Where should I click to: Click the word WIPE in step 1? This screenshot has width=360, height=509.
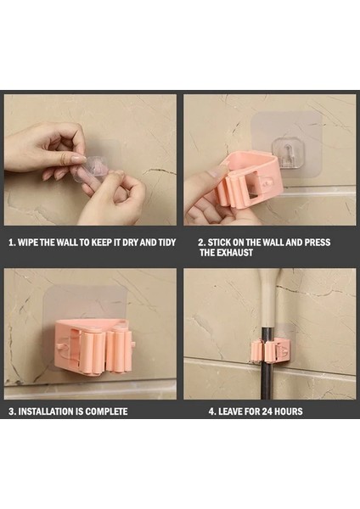coord(28,242)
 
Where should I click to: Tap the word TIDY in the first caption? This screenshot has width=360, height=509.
coord(166,242)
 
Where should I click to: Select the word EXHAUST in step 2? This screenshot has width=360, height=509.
coord(234,253)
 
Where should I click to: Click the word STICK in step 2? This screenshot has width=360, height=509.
coord(219,242)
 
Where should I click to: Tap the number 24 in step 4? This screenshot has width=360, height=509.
coord(267,411)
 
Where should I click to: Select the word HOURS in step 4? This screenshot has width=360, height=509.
coord(289,411)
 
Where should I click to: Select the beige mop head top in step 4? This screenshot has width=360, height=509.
coord(267,297)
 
